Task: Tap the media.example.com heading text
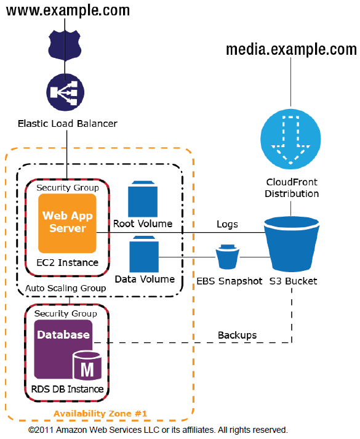coord(291,50)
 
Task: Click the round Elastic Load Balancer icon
coord(63,92)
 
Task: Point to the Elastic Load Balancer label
coord(67,124)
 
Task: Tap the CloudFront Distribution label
coord(292,187)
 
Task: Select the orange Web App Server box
coord(67,224)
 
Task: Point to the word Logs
coord(227,225)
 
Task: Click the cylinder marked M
coord(87,368)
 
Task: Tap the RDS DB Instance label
coord(67,389)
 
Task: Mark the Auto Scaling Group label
coord(65,288)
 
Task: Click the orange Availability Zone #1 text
coord(100,413)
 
